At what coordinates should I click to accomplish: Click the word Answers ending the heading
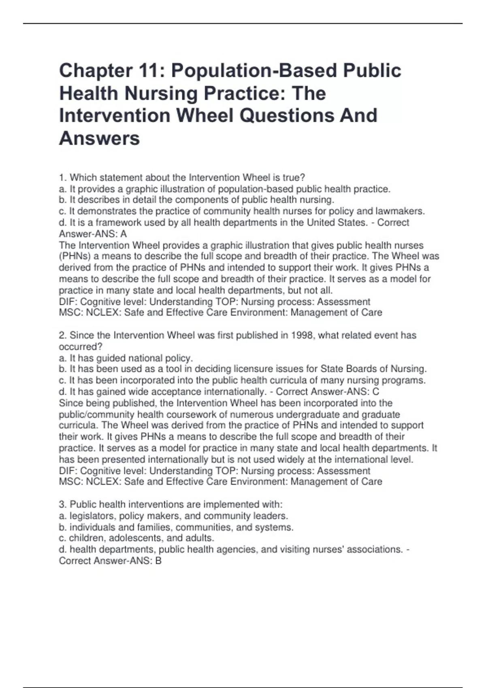click(x=100, y=138)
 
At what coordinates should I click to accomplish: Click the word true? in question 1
click(x=294, y=178)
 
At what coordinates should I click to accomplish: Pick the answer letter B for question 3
click(x=158, y=561)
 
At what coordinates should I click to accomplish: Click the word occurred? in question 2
click(x=81, y=347)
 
